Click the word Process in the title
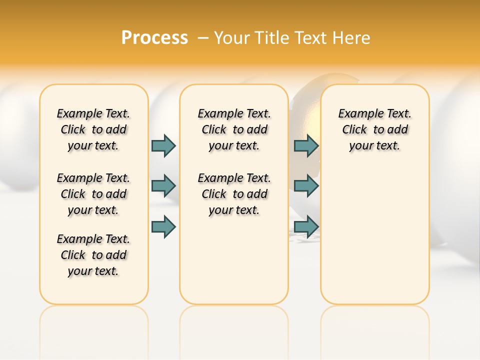click(x=154, y=37)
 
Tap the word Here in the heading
click(x=353, y=37)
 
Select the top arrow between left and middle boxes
click(x=163, y=145)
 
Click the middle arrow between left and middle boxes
click(x=163, y=186)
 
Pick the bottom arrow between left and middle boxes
click(x=163, y=226)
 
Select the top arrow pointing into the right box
click(x=306, y=145)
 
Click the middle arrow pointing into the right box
click(x=306, y=186)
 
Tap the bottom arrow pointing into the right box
click(x=306, y=226)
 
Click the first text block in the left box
click(x=93, y=129)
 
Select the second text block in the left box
click(x=93, y=194)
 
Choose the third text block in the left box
click(x=93, y=255)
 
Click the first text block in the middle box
click(x=234, y=129)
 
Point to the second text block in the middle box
click(x=234, y=194)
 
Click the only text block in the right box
click(x=375, y=129)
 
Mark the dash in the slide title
click(x=203, y=37)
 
